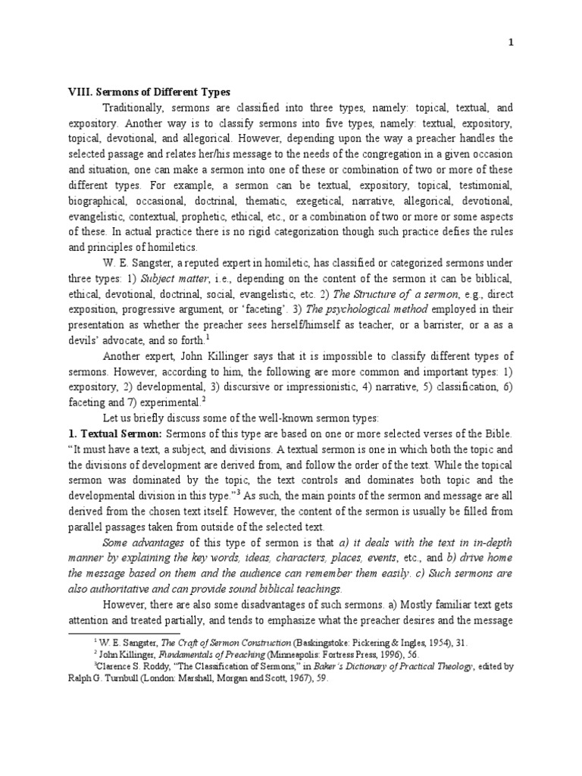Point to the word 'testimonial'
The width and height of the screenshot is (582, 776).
485,186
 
